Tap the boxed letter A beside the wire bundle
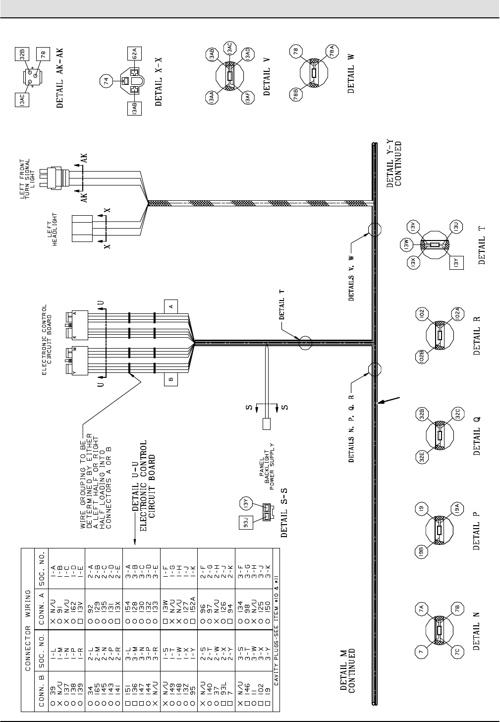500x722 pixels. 171,307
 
